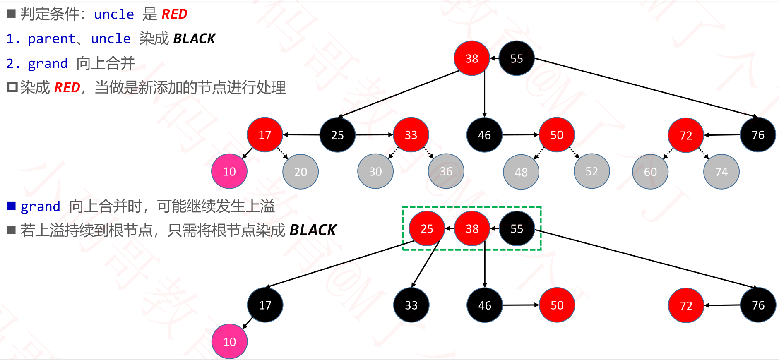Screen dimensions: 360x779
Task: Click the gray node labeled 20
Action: point(301,172)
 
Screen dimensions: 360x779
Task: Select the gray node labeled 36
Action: point(446,171)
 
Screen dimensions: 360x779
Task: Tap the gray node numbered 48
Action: point(521,172)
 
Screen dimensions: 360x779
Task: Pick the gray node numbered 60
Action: point(650,172)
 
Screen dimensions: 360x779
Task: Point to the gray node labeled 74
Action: point(721,172)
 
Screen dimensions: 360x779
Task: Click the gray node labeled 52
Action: point(591,171)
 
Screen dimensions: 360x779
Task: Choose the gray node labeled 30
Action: point(375,171)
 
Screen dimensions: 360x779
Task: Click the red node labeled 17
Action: point(265,135)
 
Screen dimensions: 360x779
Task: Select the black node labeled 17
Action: point(265,305)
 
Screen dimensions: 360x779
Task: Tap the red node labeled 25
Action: point(427,228)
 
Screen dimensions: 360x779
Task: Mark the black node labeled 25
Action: point(337,135)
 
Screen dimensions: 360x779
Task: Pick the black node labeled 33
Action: point(411,305)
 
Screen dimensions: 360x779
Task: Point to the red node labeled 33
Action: point(411,135)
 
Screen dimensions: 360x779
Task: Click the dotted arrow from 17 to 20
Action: point(283,154)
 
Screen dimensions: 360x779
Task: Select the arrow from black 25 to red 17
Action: point(301,135)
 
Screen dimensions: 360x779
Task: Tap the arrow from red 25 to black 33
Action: point(425,265)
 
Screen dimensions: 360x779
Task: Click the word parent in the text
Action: point(52,39)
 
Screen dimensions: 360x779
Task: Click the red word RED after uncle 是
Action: point(174,14)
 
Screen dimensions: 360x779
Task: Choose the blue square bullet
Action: point(12,206)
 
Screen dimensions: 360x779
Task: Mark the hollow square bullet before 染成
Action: point(12,87)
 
